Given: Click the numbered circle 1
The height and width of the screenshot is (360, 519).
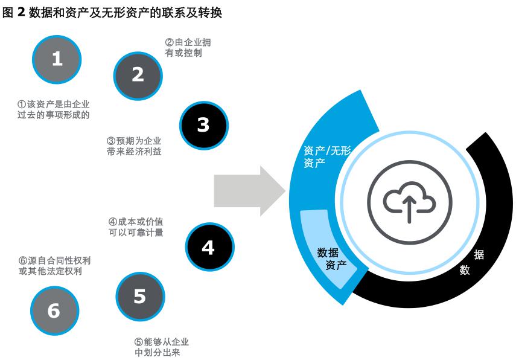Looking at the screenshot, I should click(57, 59).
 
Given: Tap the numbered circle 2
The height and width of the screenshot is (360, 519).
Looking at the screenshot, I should click(138, 75).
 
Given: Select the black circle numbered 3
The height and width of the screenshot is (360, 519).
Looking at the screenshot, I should click(203, 124).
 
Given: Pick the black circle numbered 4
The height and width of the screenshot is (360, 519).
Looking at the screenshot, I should click(208, 247).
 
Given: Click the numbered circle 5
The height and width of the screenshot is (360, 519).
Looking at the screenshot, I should click(139, 297).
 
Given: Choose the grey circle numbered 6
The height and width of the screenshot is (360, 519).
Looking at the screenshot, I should click(54, 310).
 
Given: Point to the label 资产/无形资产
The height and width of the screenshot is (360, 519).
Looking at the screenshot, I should click(326, 156).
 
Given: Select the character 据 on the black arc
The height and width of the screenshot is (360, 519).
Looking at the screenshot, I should click(479, 254).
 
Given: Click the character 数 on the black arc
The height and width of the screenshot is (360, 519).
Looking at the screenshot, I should click(465, 270).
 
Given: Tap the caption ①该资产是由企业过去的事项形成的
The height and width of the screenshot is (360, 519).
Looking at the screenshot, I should click(54, 109).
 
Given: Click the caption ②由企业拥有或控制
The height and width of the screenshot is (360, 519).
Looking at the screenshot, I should click(188, 48).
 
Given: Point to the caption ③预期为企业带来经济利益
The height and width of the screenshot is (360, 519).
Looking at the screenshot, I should click(134, 146).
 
